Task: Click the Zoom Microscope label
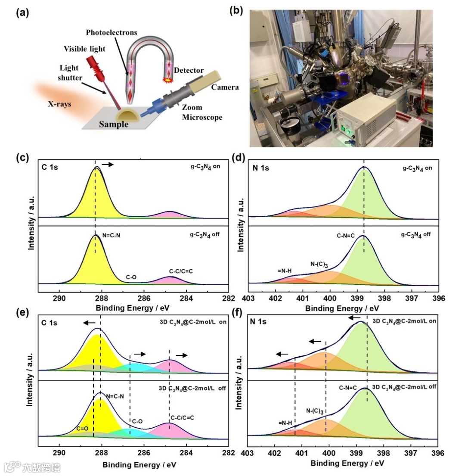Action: (202, 113)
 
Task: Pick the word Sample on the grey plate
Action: (114, 125)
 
